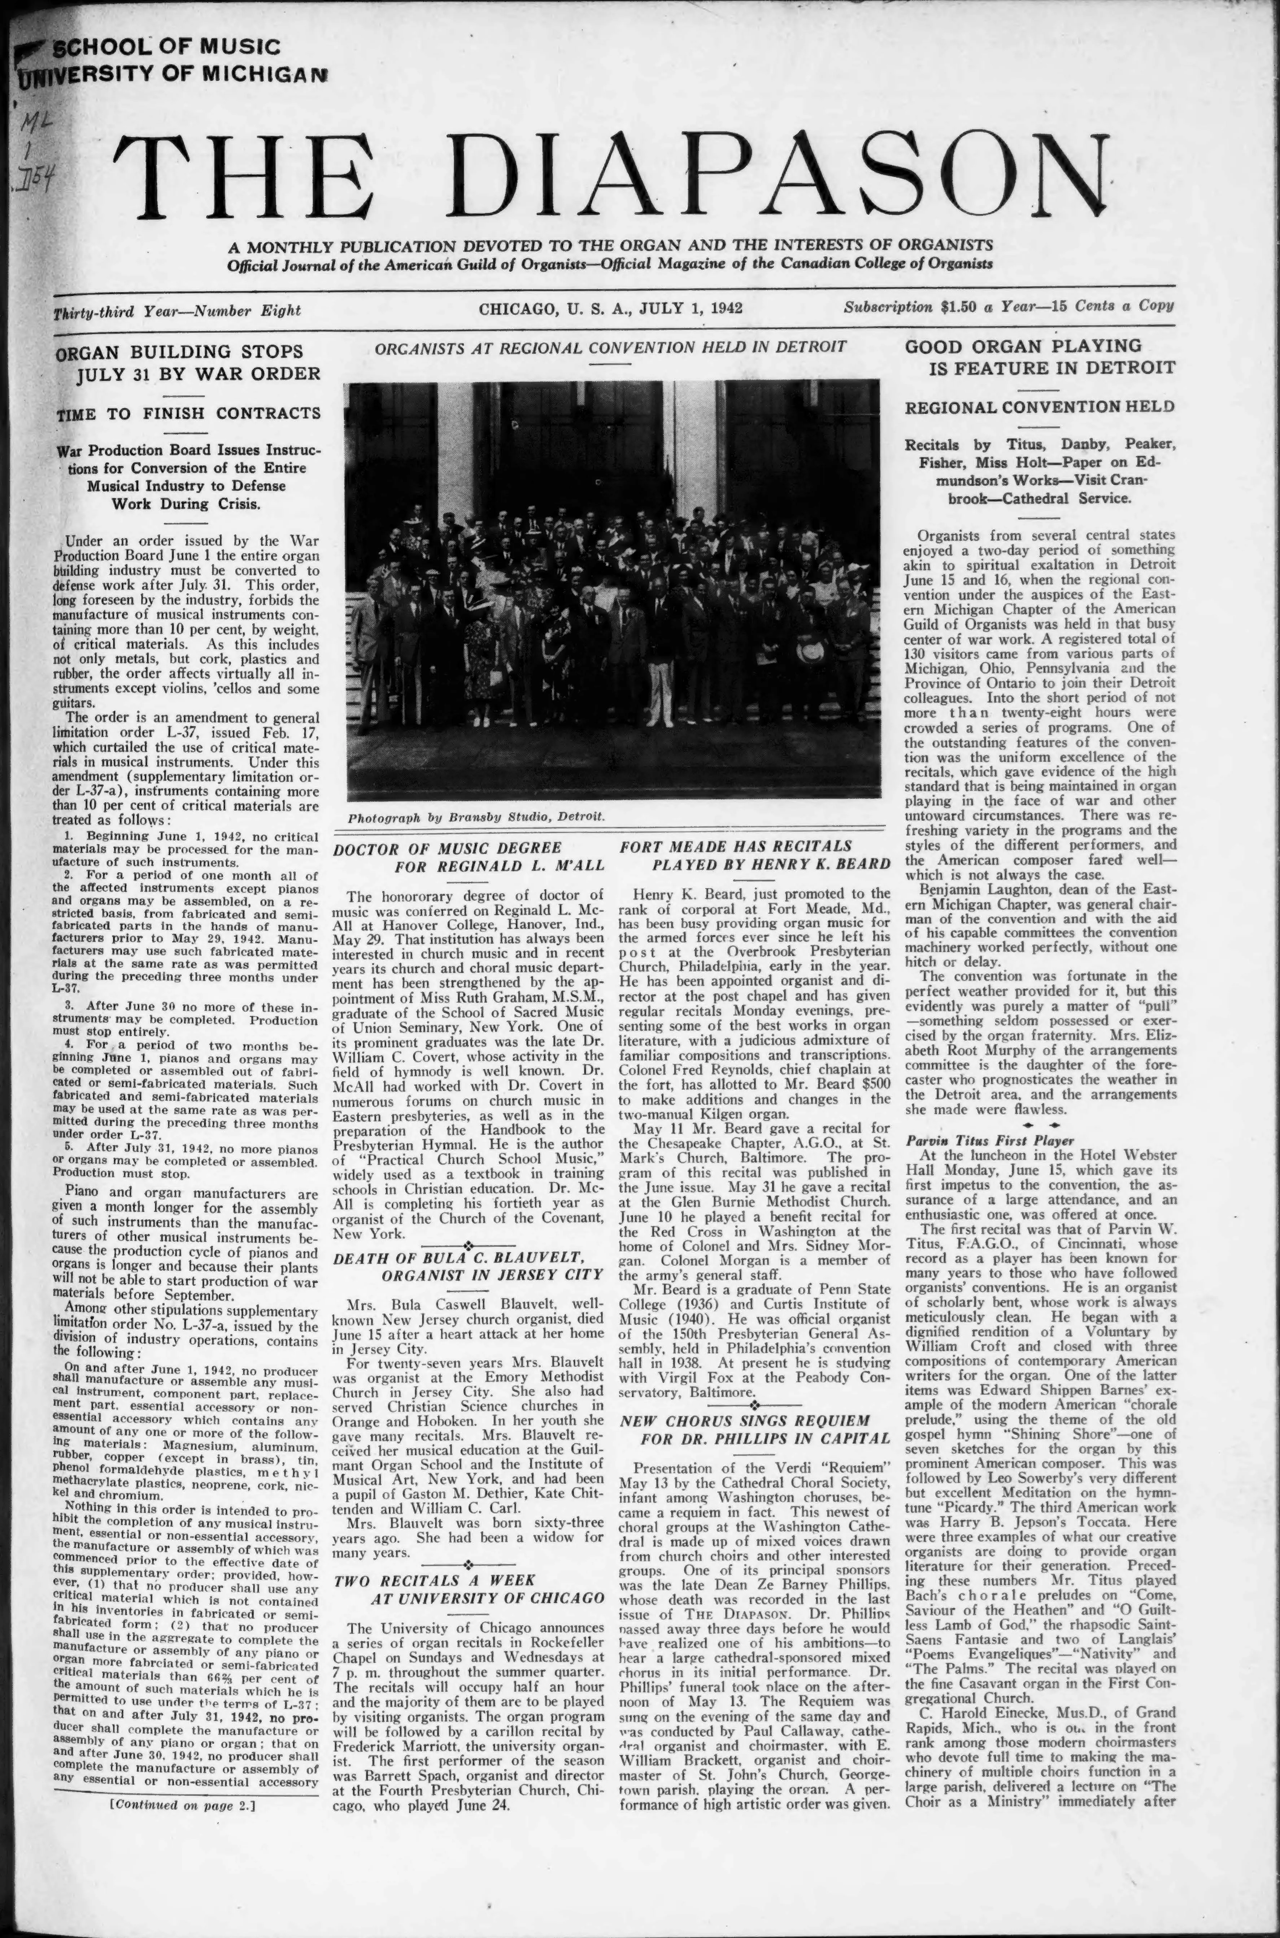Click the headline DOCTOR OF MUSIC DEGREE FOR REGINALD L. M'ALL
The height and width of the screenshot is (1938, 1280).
[469, 856]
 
